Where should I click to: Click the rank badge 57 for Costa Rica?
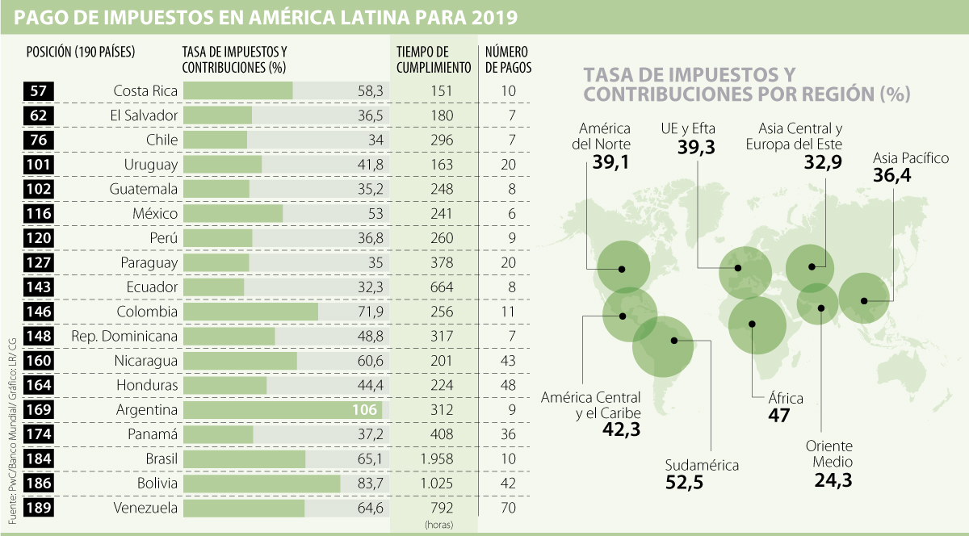38,90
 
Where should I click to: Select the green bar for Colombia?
250,312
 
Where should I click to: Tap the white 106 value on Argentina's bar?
365,410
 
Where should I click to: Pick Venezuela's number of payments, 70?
508,509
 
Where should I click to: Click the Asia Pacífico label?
911,158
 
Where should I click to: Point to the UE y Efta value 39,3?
688,147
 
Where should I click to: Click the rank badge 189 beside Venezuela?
38,509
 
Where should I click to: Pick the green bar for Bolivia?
262,484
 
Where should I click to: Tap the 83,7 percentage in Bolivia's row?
370,484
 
